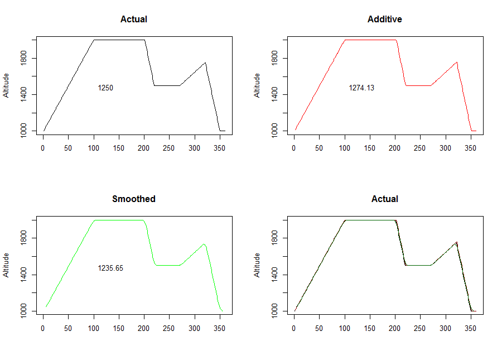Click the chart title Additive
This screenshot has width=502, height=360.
click(x=384, y=19)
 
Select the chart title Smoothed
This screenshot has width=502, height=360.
click(x=133, y=199)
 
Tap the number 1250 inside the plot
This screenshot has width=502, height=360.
click(x=105, y=88)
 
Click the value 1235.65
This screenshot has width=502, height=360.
click(x=110, y=268)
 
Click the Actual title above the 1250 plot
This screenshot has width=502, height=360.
click(x=133, y=19)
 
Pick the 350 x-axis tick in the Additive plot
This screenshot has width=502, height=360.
click(x=470, y=148)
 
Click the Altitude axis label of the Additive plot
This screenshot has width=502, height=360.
click(x=257, y=85)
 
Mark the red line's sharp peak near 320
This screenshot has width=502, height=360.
click(x=457, y=63)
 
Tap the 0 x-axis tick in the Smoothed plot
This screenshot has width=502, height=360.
click(x=43, y=328)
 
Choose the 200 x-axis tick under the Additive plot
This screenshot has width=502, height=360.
click(x=395, y=148)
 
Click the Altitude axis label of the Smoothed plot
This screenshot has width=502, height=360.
click(x=6, y=265)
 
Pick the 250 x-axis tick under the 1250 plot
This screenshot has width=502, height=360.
click(x=169, y=148)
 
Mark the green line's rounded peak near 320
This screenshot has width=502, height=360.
click(x=204, y=244)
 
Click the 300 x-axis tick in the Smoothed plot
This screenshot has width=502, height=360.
click(x=194, y=328)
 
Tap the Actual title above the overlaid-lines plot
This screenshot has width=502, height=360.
click(x=384, y=199)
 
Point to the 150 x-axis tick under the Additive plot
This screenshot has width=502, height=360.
click(x=369, y=148)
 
